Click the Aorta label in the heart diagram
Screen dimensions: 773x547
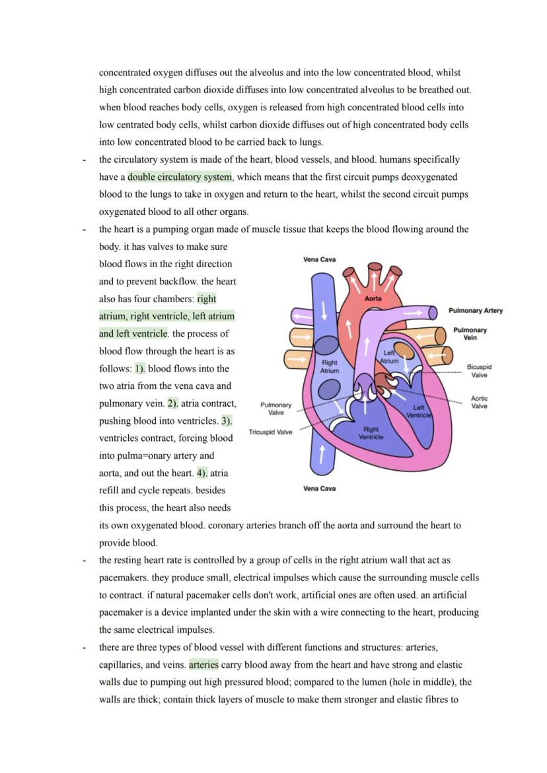click(373, 298)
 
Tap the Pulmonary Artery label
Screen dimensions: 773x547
click(475, 310)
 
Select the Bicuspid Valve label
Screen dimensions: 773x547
click(479, 371)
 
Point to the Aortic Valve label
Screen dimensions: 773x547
click(479, 402)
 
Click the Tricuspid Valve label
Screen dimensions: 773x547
click(270, 432)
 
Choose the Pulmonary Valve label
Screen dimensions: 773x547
click(275, 409)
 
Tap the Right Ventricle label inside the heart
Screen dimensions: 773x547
click(371, 433)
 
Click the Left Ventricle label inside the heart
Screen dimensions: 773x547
click(419, 411)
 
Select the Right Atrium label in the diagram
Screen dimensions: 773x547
click(329, 366)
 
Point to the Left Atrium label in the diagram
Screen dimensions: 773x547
click(389, 357)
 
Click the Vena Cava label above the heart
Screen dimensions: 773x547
click(319, 260)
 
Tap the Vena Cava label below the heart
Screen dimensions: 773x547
click(319, 489)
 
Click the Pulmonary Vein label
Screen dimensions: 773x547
click(470, 333)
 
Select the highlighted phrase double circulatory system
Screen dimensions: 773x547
click(180, 177)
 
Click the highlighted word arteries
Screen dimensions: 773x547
click(203, 665)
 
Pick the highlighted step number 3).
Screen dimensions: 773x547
click(227, 421)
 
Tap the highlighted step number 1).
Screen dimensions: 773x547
click(140, 368)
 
